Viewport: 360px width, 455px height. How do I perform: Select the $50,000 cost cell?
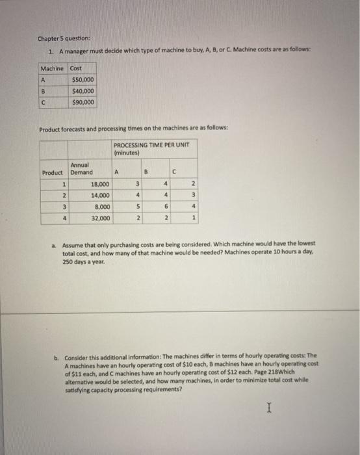tap(83, 79)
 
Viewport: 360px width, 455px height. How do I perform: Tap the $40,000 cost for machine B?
tap(83, 91)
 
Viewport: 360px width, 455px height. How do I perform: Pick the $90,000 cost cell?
tap(83, 102)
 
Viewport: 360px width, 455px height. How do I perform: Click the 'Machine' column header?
tap(52, 68)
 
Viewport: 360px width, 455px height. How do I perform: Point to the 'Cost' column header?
tap(77, 68)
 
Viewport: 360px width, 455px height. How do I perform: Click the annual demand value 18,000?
tap(99, 185)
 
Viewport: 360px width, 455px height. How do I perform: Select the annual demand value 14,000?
tap(99, 196)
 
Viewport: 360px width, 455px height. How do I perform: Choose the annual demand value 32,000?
tap(99, 218)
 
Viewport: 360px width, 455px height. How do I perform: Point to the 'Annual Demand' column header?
tap(81, 169)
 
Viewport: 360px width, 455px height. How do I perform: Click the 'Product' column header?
tap(53, 173)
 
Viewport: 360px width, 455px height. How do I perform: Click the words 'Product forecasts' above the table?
tap(62, 129)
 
